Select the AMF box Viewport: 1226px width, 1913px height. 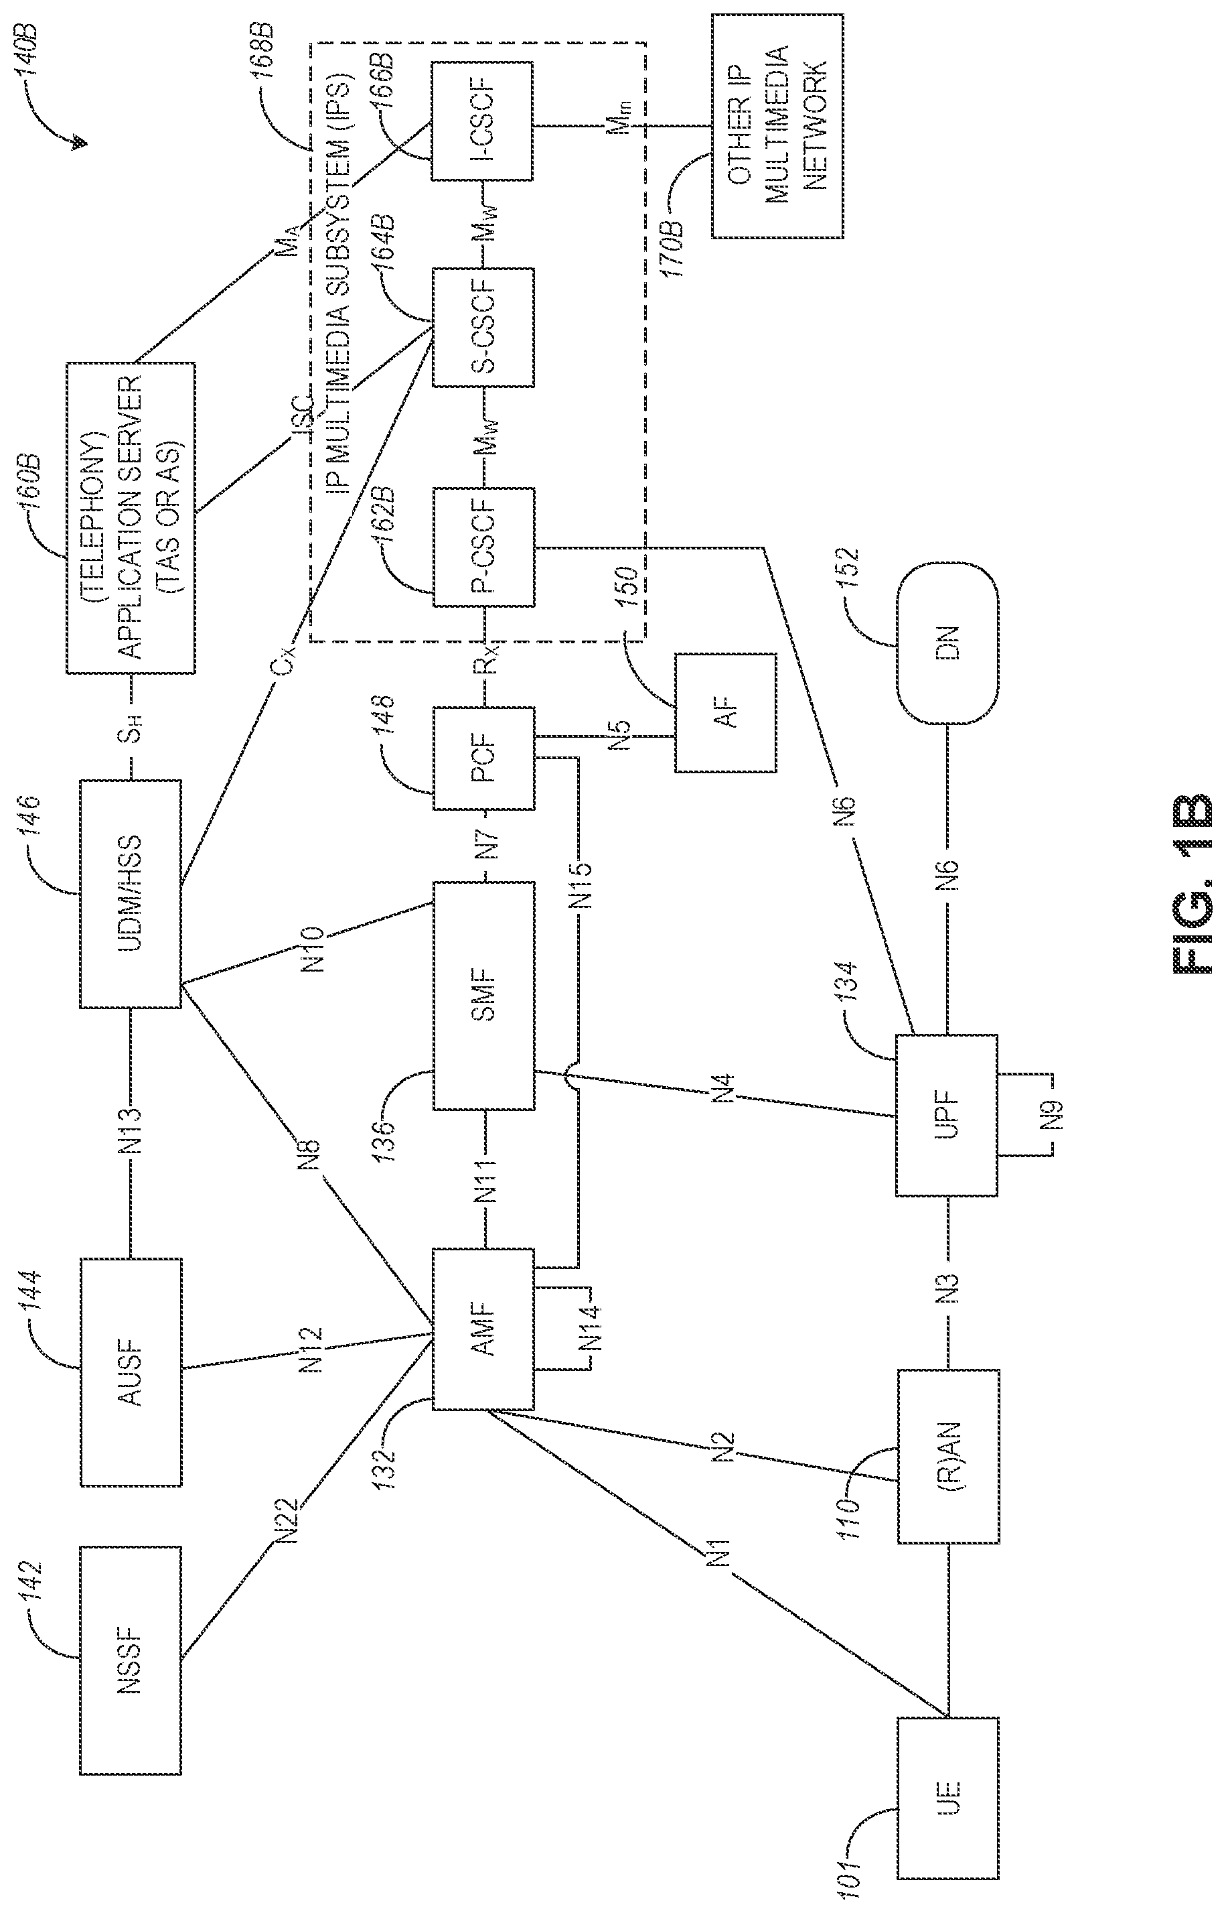[483, 1329]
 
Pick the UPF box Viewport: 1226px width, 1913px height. [947, 1116]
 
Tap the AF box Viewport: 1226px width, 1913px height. [725, 712]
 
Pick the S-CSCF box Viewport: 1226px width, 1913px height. [483, 328]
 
